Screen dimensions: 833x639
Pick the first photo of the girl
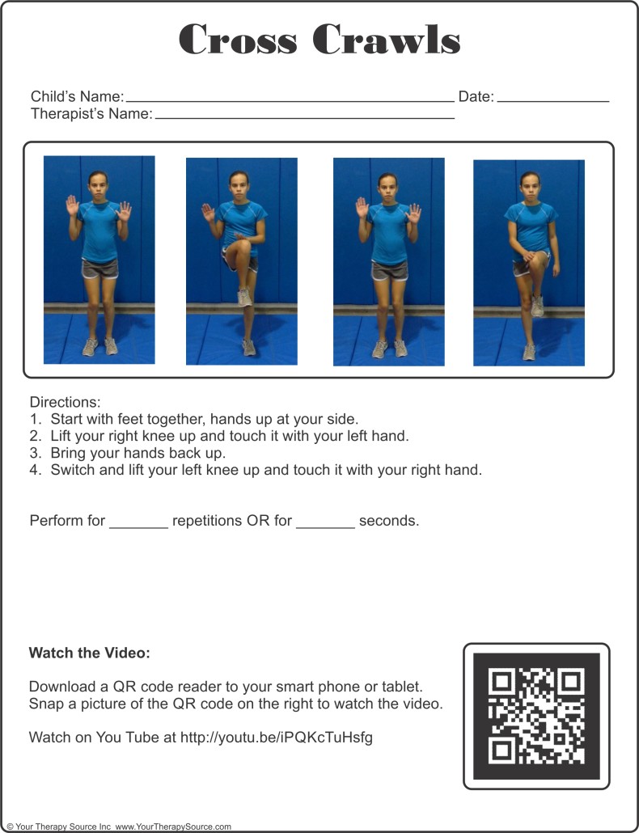tap(99, 260)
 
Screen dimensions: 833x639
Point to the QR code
tap(536, 716)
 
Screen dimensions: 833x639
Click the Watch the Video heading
tap(89, 653)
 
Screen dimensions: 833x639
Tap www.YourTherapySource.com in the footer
tap(173, 827)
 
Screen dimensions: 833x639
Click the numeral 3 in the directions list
tap(35, 453)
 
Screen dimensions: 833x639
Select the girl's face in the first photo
tap(99, 184)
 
